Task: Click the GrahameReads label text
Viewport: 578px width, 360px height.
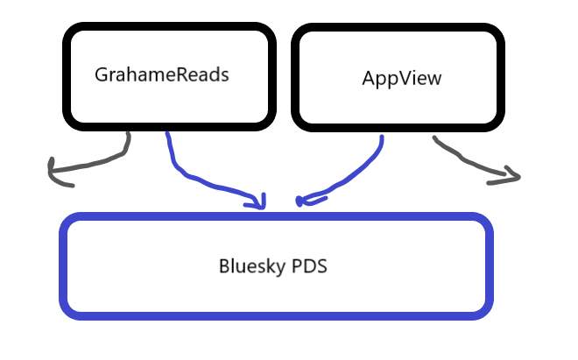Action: pyautogui.click(x=161, y=74)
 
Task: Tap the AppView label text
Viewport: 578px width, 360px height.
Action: pyautogui.click(x=402, y=78)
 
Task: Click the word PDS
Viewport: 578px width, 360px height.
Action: pyautogui.click(x=310, y=265)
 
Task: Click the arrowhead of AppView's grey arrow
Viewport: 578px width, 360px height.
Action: pyautogui.click(x=512, y=178)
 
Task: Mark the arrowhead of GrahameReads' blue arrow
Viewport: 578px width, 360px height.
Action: pyautogui.click(x=258, y=204)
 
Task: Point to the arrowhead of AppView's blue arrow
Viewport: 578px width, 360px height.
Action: pyautogui.click(x=303, y=201)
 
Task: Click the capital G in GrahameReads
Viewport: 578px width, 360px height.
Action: pyautogui.click(x=101, y=74)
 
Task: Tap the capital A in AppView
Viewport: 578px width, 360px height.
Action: pyautogui.click(x=368, y=78)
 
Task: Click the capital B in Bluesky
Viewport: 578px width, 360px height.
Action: pyautogui.click(x=224, y=265)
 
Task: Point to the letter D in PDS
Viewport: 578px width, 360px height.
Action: pyautogui.click(x=310, y=265)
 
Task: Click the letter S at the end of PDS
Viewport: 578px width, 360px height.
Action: pyautogui.click(x=321, y=265)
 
